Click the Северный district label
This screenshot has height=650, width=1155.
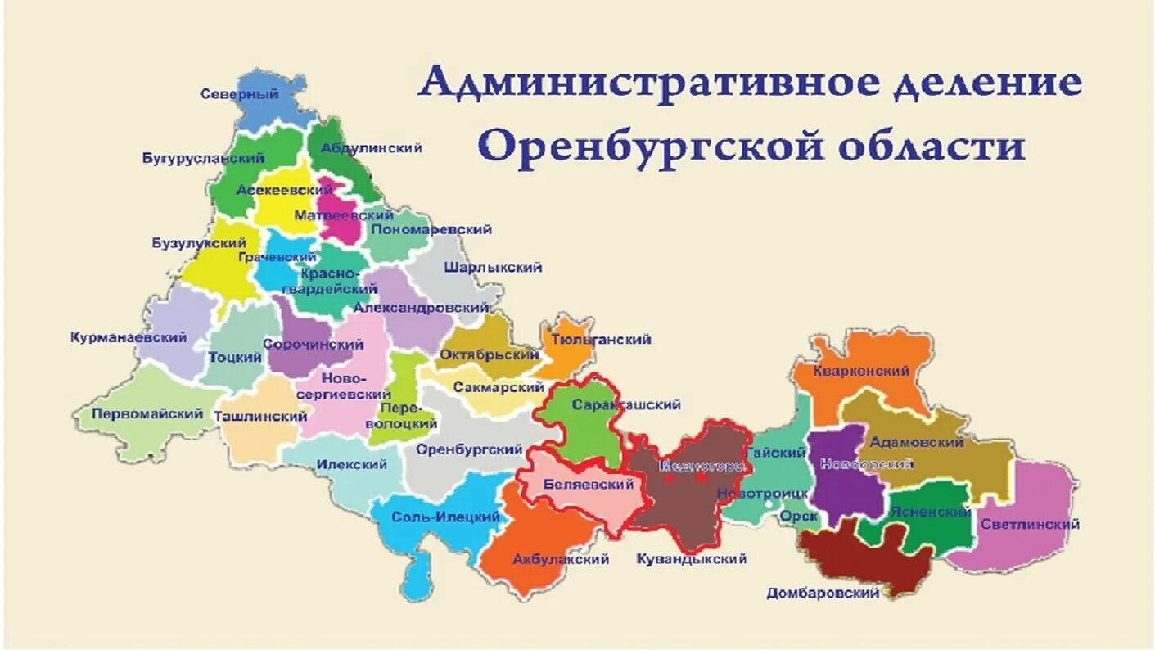[x=239, y=94]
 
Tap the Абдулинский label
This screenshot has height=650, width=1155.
[x=372, y=148]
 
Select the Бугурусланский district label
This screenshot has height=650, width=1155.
[x=203, y=158]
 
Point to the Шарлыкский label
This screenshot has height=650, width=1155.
[x=493, y=268]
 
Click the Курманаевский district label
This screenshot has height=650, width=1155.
[x=129, y=337]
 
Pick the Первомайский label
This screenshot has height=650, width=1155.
[x=147, y=413]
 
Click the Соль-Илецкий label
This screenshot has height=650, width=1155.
[x=445, y=517]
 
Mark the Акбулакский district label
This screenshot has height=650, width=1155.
[x=561, y=560]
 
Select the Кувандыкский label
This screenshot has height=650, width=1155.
[x=691, y=559]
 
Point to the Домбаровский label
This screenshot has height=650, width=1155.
[x=823, y=594]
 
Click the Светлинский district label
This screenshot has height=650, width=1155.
[x=1029, y=524]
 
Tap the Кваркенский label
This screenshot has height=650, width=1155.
[x=861, y=371]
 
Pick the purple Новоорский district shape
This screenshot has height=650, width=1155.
[x=843, y=483]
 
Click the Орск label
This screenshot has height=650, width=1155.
[x=797, y=517]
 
